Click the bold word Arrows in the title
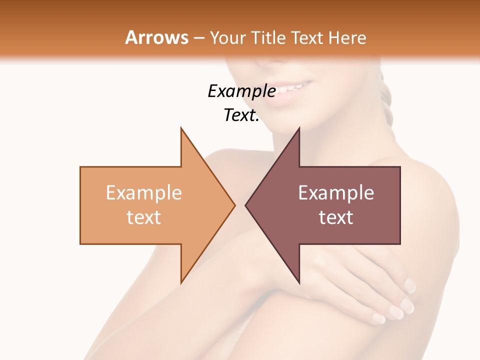[x=157, y=37]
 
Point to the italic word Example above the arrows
[x=241, y=91]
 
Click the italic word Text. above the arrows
[x=241, y=115]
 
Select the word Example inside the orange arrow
[x=144, y=192]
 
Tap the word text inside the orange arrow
[x=144, y=217]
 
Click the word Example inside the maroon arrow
[x=336, y=192]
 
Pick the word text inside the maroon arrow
[x=336, y=217]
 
